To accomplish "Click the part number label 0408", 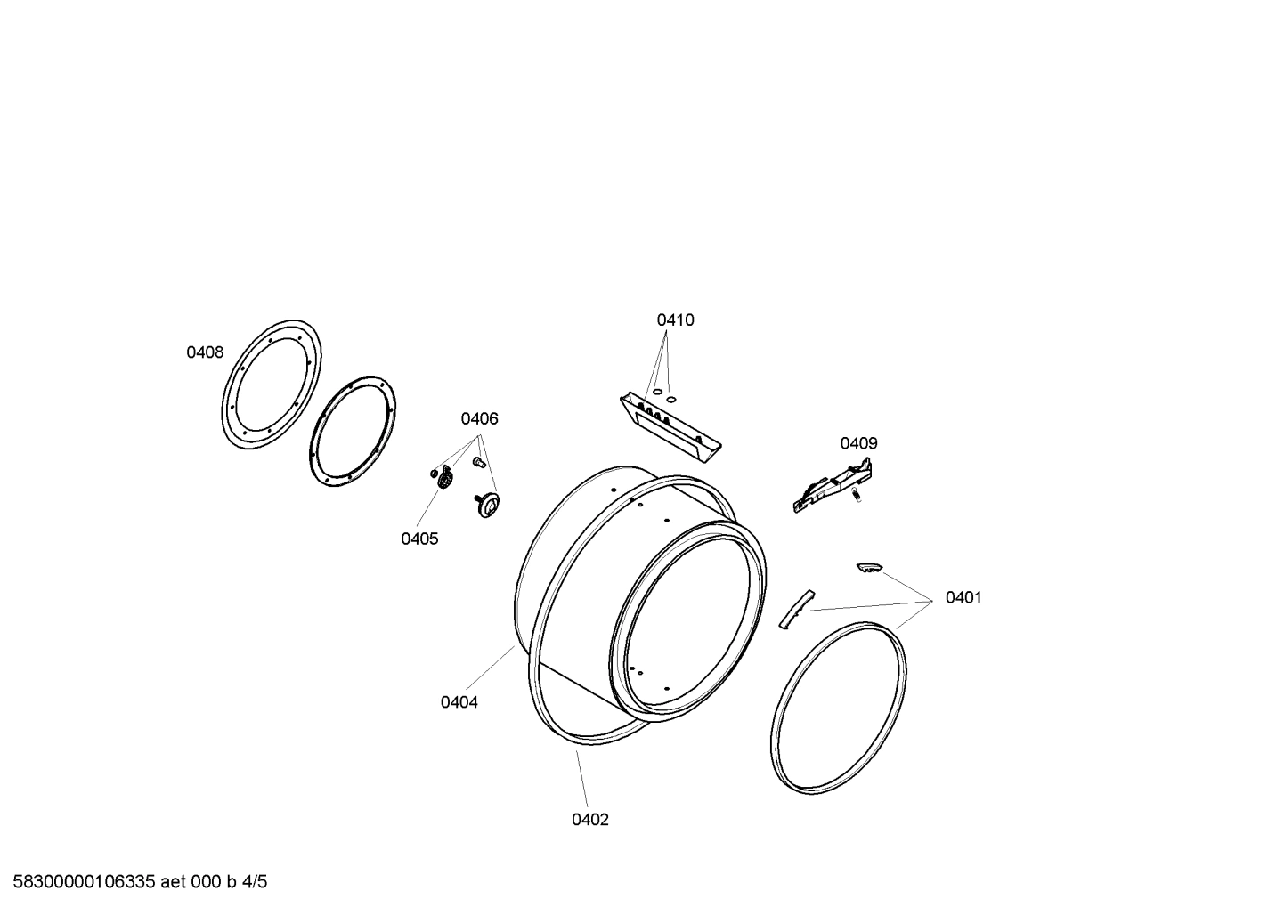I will (x=204, y=352).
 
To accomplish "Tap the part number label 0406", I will (x=479, y=418).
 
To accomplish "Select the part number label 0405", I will (x=419, y=539).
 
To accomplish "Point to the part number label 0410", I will (x=675, y=320).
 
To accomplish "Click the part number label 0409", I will (x=858, y=443).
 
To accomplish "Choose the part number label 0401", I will (x=963, y=597).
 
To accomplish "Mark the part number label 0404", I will (x=459, y=702).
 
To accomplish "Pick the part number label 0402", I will (x=590, y=820).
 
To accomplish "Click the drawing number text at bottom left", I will (x=134, y=882).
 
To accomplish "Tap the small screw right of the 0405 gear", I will (x=478, y=462).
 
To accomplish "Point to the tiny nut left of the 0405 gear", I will (x=434, y=471).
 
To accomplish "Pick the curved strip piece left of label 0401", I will (x=796, y=609).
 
